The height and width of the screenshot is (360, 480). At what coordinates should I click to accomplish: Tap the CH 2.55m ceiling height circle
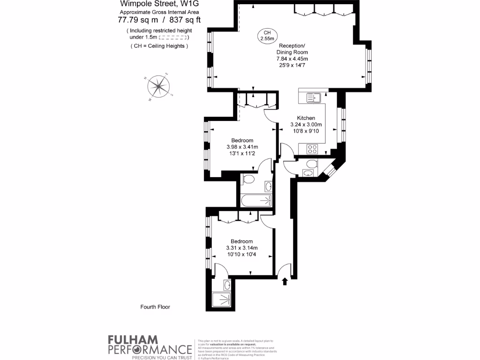coord(267,36)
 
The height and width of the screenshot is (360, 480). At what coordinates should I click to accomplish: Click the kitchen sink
coord(313,97)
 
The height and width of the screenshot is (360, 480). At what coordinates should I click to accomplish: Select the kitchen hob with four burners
coord(313,149)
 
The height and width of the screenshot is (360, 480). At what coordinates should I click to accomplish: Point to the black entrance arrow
coord(285,281)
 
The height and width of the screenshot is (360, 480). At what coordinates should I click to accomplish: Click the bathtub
coord(256,201)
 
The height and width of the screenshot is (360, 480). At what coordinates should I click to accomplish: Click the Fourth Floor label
coord(155,307)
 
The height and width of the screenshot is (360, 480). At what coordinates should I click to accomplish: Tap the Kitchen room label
coord(306,118)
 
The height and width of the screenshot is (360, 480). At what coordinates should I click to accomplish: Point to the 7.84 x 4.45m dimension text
coord(292,59)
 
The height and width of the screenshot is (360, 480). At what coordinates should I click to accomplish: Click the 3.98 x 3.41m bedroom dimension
coord(242,147)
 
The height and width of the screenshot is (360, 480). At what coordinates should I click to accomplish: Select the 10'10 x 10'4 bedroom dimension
coord(242,255)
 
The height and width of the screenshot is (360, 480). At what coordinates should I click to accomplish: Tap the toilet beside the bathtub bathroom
coord(248,180)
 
